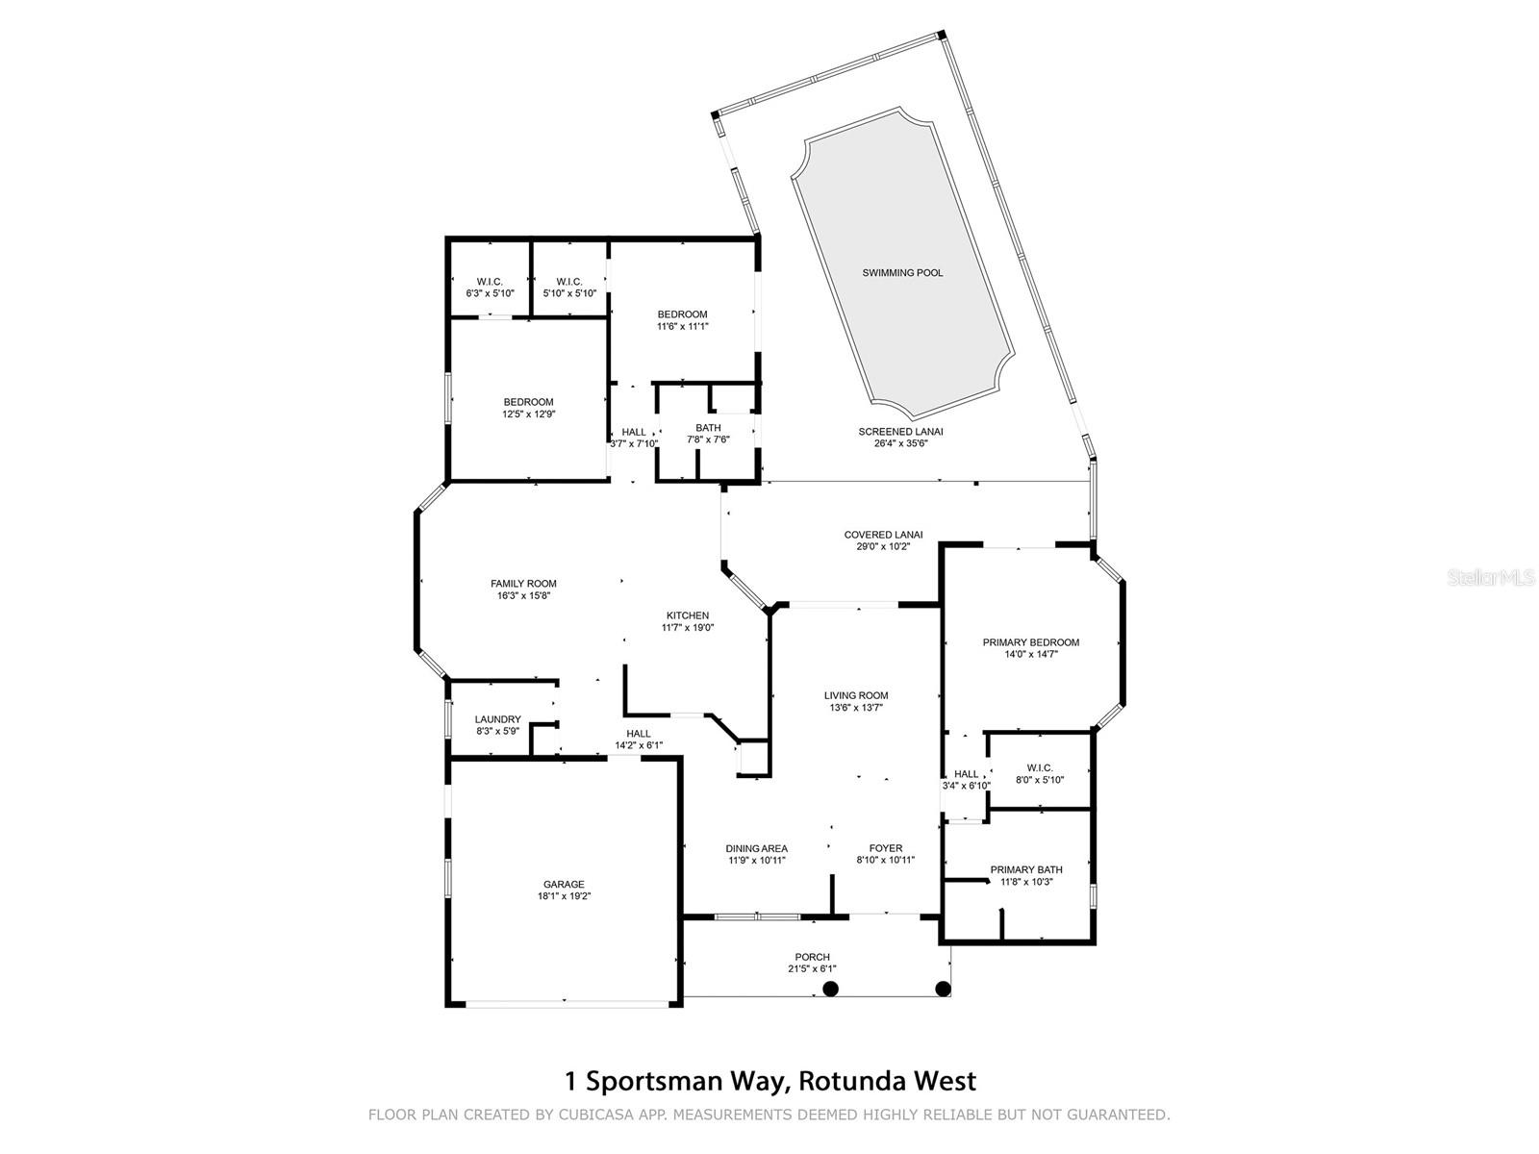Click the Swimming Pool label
(902, 273)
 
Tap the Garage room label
(564, 885)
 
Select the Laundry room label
(498, 719)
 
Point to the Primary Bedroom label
(1030, 642)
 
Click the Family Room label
(523, 584)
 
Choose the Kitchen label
(688, 615)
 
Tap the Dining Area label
(756, 848)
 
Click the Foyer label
(886, 848)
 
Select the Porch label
(812, 957)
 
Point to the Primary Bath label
(1026, 870)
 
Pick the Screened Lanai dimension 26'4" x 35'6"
(900, 443)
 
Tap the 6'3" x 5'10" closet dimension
(490, 293)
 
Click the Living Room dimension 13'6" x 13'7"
(856, 708)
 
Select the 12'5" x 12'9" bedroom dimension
(528, 414)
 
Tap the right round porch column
(944, 989)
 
